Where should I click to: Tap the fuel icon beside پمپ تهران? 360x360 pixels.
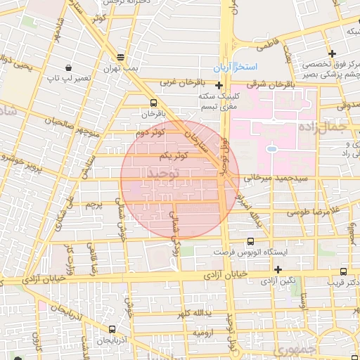point(121,58)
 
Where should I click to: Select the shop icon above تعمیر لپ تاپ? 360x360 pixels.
point(68,68)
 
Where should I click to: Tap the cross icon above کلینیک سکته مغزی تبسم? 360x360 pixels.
point(219,85)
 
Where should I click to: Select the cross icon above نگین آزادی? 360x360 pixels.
point(278,269)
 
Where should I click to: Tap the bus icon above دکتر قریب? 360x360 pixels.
point(343,271)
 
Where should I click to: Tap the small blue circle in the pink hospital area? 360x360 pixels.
point(271,148)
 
